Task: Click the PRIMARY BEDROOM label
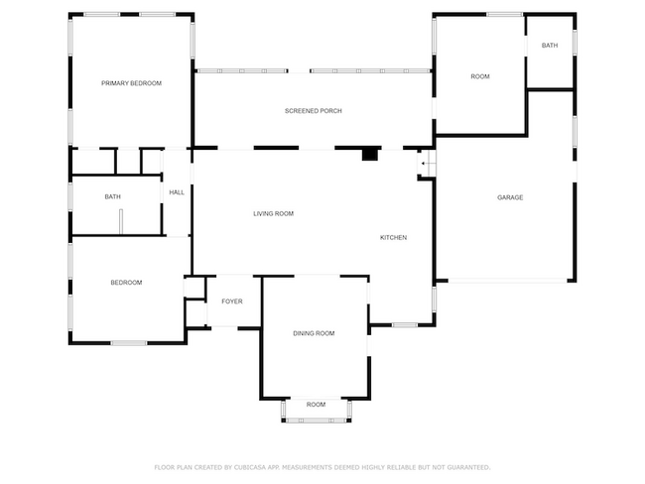131,83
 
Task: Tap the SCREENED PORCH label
313,111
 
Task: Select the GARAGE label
510,197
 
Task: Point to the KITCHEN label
393,237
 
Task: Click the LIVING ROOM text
273,213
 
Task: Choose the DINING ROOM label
314,333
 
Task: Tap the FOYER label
232,302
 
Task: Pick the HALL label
177,192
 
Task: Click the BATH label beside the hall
113,196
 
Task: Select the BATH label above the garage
550,46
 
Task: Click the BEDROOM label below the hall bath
126,283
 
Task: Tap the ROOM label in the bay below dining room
316,405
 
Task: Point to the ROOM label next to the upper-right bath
480,76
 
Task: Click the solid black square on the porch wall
370,154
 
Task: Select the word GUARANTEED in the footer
467,466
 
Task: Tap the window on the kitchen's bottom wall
404,325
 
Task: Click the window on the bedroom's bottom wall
129,343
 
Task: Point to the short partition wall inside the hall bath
121,224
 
